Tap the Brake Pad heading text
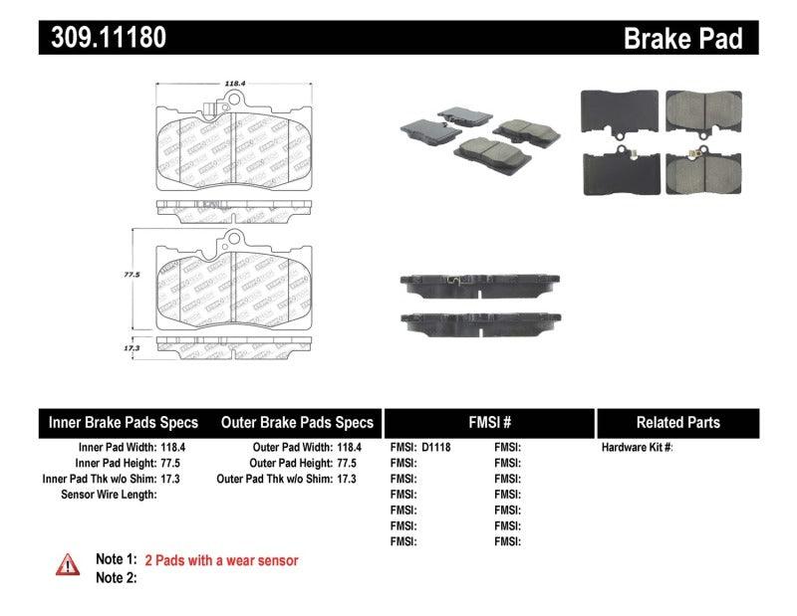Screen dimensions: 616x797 tap(682, 39)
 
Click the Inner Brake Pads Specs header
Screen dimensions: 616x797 tap(124, 422)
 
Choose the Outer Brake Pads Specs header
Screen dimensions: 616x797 tap(297, 422)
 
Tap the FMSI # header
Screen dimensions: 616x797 tap(489, 422)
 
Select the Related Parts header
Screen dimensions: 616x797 tap(677, 422)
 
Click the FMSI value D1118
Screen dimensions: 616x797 tap(436, 448)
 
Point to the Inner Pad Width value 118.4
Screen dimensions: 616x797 tap(173, 448)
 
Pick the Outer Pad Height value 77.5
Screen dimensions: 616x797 tap(349, 463)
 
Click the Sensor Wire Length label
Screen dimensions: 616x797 tap(109, 494)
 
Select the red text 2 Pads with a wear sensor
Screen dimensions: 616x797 tap(221, 560)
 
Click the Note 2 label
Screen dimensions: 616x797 tap(115, 577)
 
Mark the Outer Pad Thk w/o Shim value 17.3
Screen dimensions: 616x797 tap(349, 479)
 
